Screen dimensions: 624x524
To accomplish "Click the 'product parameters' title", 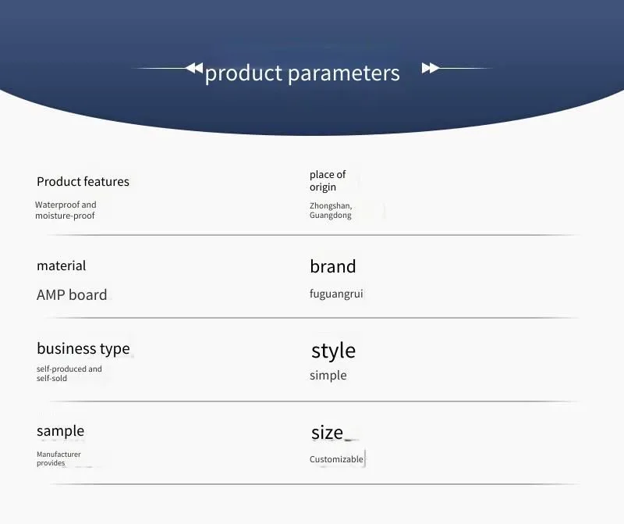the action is pyautogui.click(x=302, y=73).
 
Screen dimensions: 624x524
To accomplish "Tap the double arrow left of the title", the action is pyautogui.click(x=194, y=68).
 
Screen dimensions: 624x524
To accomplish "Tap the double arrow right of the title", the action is pyautogui.click(x=431, y=68).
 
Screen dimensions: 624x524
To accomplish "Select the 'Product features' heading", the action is pyautogui.click(x=83, y=182).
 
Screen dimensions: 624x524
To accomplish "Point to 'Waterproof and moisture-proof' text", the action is pyautogui.click(x=66, y=210).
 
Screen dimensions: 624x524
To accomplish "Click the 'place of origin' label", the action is pyautogui.click(x=328, y=180).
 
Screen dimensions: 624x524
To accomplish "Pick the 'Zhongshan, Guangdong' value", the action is pyautogui.click(x=331, y=210).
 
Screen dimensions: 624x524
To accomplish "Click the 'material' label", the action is pyautogui.click(x=62, y=266).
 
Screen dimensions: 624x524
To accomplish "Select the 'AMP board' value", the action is pyautogui.click(x=72, y=295).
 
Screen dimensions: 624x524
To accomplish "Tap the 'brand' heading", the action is pyautogui.click(x=333, y=266).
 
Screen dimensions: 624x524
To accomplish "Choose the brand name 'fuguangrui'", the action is pyautogui.click(x=336, y=294).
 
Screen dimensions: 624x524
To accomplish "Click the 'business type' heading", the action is pyautogui.click(x=83, y=348).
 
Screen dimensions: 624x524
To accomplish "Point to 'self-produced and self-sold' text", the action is pyautogui.click(x=69, y=373).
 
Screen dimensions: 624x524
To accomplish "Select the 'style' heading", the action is pyautogui.click(x=334, y=351).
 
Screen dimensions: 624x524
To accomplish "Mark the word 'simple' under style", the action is pyautogui.click(x=328, y=376).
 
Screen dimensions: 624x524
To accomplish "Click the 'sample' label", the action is pyautogui.click(x=61, y=431).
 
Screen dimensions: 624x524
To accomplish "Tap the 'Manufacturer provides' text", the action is pyautogui.click(x=58, y=458).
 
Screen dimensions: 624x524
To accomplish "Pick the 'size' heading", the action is pyautogui.click(x=327, y=433).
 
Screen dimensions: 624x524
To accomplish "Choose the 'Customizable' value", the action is pyautogui.click(x=336, y=459).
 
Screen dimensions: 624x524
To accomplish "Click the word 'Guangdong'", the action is pyautogui.click(x=330, y=216).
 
